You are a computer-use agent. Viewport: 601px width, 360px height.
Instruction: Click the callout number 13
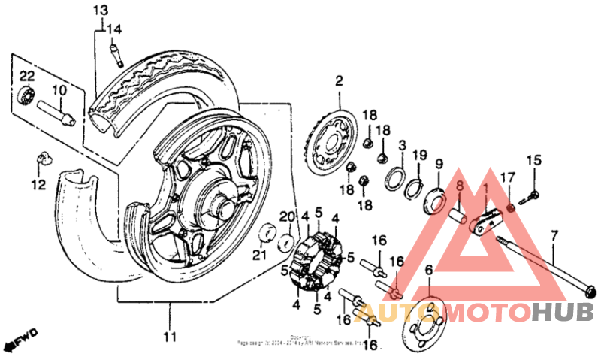100,10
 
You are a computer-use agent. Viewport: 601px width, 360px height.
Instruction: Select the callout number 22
26,76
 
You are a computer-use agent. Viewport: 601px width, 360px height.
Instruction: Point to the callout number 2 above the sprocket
339,80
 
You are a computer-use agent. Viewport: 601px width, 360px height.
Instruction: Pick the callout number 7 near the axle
554,234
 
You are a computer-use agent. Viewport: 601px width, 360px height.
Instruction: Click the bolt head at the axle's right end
591,292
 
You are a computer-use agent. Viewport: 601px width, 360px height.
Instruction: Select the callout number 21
259,256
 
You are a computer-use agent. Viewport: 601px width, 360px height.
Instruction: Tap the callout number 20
285,217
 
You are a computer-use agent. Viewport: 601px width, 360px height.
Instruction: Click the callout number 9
439,165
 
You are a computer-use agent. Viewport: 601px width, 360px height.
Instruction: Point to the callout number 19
420,156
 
